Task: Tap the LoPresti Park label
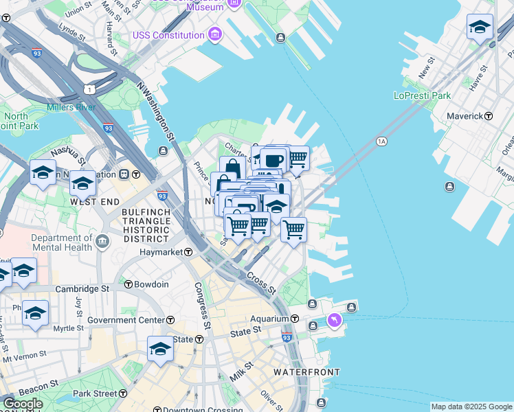coord(422,95)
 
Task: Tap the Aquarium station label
coord(273,319)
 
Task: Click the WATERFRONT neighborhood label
coord(306,372)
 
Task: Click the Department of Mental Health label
coord(61,242)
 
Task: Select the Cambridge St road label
coord(82,289)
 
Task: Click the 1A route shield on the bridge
coord(382,141)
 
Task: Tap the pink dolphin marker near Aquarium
coord(334,321)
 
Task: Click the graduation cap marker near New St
coord(480,27)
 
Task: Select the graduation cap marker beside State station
coord(161,350)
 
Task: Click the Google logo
coord(23,404)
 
